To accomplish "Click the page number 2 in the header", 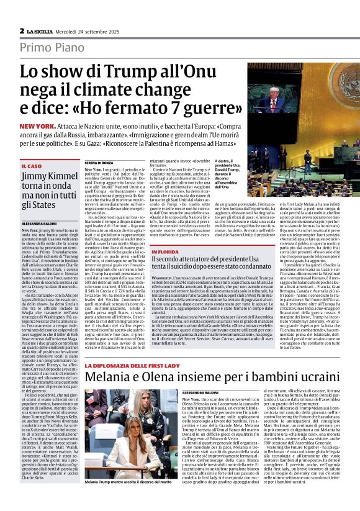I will click(21, 30).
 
